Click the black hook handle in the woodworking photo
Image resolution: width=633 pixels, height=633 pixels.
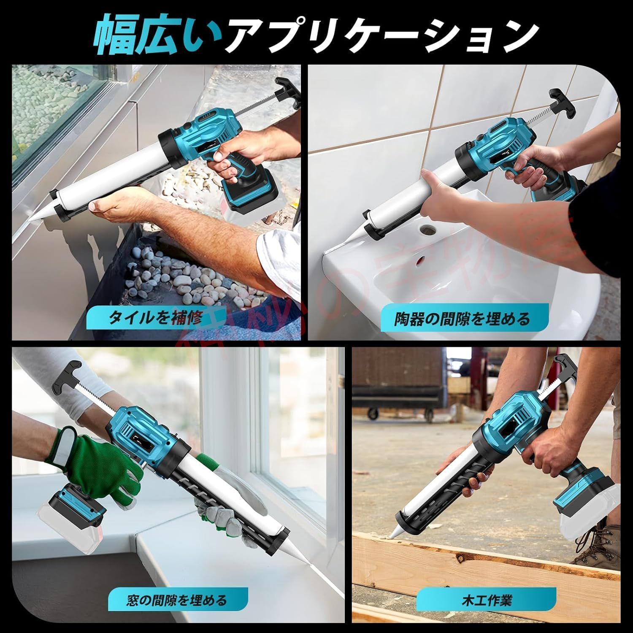tap(565, 365)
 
